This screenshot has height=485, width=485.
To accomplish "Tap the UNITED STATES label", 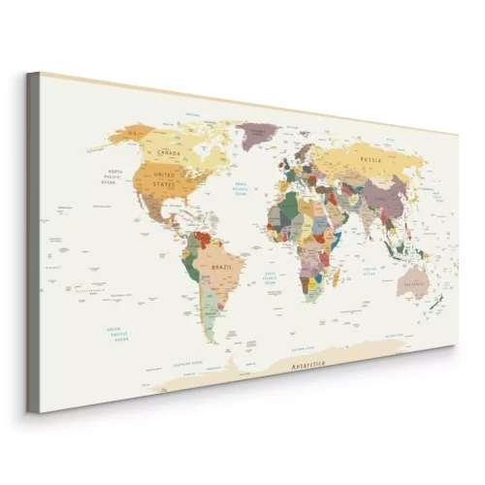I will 163,178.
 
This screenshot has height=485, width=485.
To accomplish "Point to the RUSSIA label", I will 369,159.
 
